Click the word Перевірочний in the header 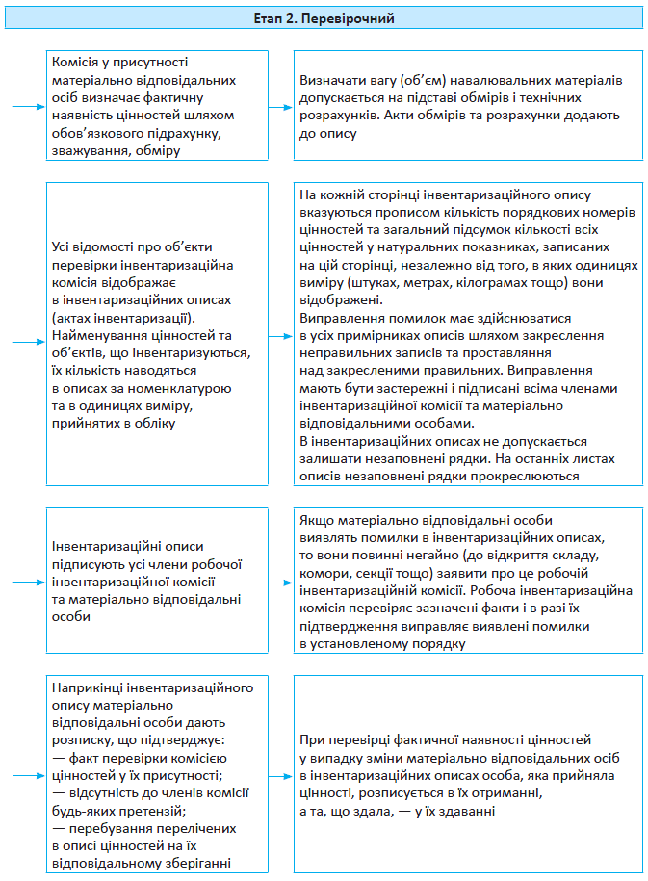[x=357, y=17]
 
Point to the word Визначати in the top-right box [x=332, y=80]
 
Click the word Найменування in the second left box [x=99, y=334]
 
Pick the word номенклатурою [x=183, y=387]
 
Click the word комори [x=324, y=574]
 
